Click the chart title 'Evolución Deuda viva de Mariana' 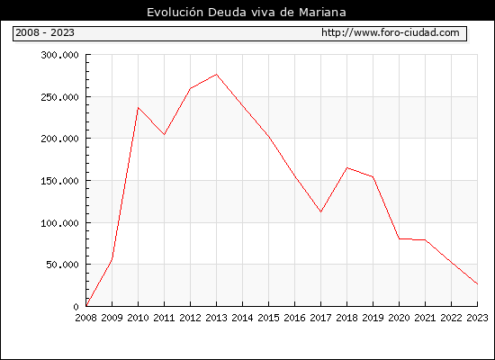(x=247, y=13)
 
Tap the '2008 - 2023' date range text (x=45, y=32)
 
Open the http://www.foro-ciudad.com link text (x=391, y=32)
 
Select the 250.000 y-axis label (x=59, y=97)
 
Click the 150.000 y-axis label (x=59, y=181)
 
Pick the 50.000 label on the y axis (x=62, y=265)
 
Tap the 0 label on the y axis (x=76, y=306)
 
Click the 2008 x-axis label (x=85, y=318)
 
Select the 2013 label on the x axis (x=216, y=318)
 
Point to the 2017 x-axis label (x=320, y=318)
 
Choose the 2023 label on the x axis (x=477, y=318)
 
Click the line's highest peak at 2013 (x=217, y=74)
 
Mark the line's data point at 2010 (x=138, y=108)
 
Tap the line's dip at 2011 (x=164, y=134)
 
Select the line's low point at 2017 (x=320, y=211)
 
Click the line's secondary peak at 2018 (x=346, y=167)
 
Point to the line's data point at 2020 (x=399, y=238)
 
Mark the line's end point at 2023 (x=477, y=283)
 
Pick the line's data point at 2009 (x=112, y=257)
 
